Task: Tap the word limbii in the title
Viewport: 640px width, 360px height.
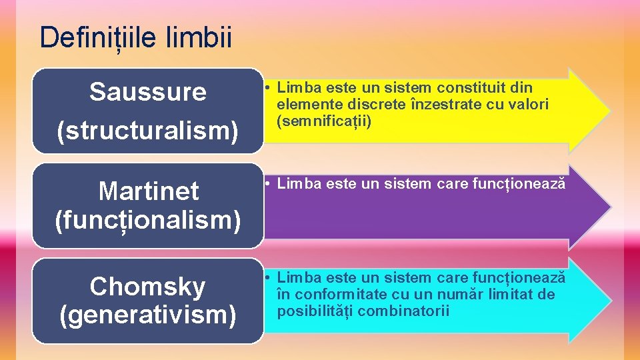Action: coord(201,37)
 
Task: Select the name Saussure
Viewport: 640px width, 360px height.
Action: coord(148,92)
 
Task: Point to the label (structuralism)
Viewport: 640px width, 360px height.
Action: coord(148,131)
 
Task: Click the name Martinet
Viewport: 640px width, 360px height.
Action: coord(148,191)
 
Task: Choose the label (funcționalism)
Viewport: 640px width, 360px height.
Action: coord(148,219)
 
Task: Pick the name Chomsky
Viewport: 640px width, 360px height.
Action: coord(148,287)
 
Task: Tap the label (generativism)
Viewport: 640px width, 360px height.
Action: coord(148,314)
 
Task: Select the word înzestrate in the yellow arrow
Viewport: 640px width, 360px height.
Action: coord(441,104)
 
